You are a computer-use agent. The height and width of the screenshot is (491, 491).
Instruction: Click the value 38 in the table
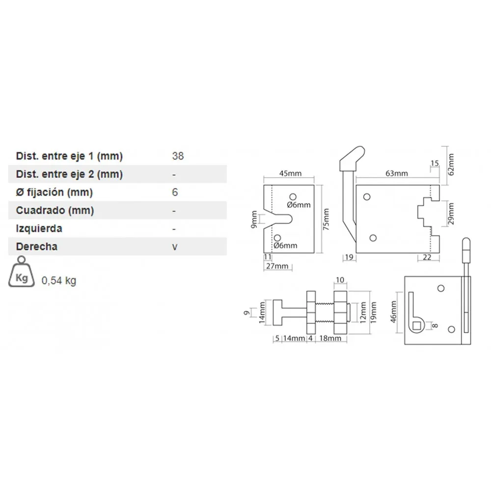pos(178,156)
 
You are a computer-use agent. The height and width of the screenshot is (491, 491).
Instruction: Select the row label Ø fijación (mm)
pos(54,192)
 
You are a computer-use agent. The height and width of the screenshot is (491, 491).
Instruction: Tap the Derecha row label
pos(37,246)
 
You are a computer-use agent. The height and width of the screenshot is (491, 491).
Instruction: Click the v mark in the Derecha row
pos(175,247)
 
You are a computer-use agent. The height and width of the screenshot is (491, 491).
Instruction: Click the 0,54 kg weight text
pos(59,280)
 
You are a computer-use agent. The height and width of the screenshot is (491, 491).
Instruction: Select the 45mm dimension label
pos(290,173)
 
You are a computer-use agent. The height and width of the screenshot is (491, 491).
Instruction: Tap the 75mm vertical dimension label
pos(326,219)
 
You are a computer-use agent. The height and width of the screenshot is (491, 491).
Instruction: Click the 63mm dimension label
pos(396,173)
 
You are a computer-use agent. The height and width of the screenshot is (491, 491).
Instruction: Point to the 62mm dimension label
pos(451,164)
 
